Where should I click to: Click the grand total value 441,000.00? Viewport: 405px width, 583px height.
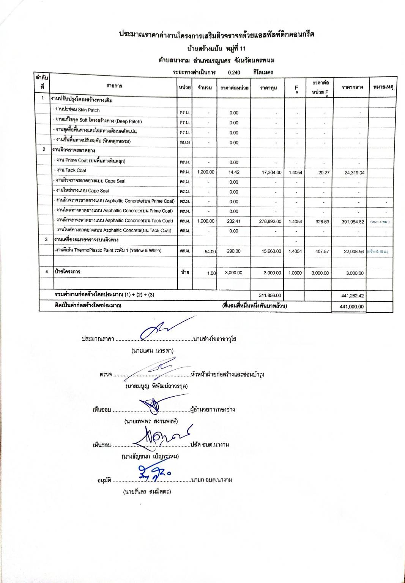click(x=351, y=307)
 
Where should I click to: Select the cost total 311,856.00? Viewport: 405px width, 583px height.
click(x=270, y=295)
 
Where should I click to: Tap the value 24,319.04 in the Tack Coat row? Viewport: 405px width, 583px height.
click(x=354, y=173)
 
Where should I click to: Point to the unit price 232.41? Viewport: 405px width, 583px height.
click(x=234, y=221)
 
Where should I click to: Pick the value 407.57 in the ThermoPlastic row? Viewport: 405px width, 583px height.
click(x=322, y=251)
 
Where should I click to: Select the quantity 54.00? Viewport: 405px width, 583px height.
click(x=210, y=252)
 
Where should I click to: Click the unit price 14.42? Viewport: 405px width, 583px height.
click(x=234, y=172)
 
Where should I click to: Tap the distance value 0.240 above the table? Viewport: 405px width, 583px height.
click(x=234, y=72)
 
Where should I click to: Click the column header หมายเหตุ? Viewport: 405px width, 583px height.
click(x=383, y=87)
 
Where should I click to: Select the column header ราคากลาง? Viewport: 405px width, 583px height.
click(x=352, y=87)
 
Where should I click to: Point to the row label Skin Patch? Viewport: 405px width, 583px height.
click(x=77, y=110)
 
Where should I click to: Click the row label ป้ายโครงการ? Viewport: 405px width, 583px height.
click(x=68, y=272)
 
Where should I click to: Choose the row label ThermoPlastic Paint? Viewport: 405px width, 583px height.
click(x=108, y=251)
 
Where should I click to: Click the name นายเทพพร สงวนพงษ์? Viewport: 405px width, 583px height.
click(x=151, y=421)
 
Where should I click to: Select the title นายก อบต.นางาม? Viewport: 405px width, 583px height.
click(x=211, y=480)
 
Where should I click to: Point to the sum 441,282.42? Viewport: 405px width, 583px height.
click(x=353, y=295)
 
